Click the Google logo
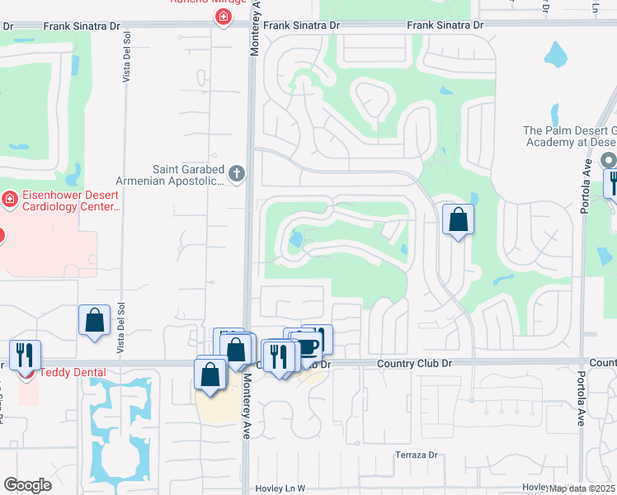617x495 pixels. point(27,485)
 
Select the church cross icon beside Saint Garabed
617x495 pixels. point(237,173)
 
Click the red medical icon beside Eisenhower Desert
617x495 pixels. point(10,200)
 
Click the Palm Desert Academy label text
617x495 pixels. point(569,136)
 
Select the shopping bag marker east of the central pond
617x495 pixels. point(458,220)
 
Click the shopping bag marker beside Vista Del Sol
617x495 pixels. point(95,320)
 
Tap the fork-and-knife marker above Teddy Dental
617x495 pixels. point(25,355)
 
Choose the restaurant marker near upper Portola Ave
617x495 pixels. point(611,181)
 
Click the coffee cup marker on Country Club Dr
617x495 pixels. point(307,345)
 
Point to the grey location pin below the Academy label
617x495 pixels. point(609,160)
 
